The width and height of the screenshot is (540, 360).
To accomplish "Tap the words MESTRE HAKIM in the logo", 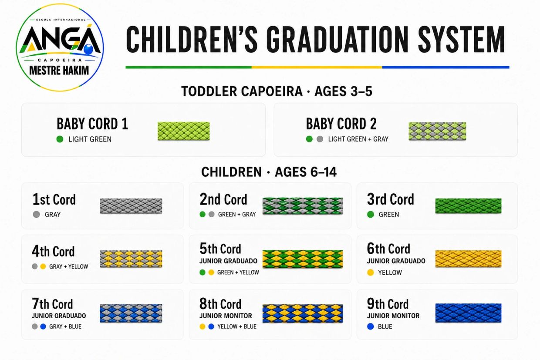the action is [x=59, y=71].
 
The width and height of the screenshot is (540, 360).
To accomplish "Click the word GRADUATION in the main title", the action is [x=337, y=39].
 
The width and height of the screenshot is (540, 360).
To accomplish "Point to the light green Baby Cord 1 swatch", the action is [x=184, y=131].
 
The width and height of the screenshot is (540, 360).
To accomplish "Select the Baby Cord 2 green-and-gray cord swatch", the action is [x=437, y=131].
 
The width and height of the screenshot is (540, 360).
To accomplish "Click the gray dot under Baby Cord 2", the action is [x=320, y=139].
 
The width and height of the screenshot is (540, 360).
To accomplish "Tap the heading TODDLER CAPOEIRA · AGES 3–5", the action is [x=277, y=91].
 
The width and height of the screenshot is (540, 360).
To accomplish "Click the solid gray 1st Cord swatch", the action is [x=131, y=206].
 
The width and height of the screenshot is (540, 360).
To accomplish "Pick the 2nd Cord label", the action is [x=223, y=199].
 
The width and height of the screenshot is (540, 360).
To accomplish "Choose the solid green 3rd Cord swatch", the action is [x=469, y=206].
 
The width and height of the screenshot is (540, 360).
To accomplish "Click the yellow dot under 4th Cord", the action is [x=43, y=266].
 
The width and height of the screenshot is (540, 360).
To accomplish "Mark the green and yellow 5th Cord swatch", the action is [x=303, y=259].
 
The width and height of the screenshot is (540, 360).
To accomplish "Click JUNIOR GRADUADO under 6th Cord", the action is [x=396, y=261].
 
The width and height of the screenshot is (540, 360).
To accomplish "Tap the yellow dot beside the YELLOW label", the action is [x=371, y=273].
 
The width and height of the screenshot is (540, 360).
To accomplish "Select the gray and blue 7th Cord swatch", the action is [x=131, y=313].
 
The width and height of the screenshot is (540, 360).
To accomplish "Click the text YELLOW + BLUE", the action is [x=237, y=326].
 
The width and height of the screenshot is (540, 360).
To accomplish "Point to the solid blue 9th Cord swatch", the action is [x=469, y=313].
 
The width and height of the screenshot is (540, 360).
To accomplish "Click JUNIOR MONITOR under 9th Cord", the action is [x=393, y=316].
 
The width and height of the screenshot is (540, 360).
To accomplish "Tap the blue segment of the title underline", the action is [x=446, y=67].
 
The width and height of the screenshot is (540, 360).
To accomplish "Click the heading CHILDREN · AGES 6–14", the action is [x=269, y=172].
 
